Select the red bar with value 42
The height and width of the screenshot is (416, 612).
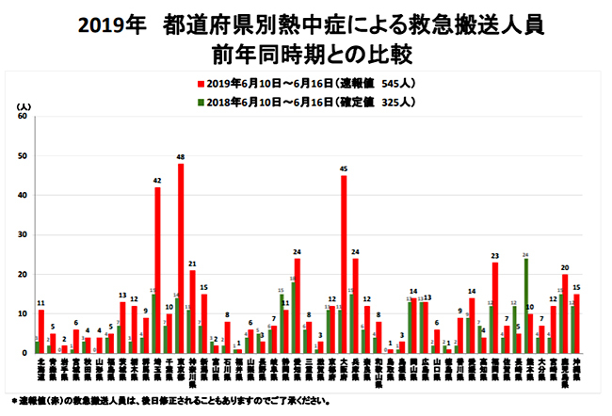pyautogui.click(x=157, y=270)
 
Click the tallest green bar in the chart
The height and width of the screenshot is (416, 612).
pyautogui.click(x=525, y=306)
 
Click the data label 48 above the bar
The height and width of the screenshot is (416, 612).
pyautogui.click(x=180, y=156)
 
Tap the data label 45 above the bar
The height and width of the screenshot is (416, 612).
pyautogui.click(x=344, y=168)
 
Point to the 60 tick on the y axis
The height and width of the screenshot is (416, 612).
pyautogui.click(x=24, y=117)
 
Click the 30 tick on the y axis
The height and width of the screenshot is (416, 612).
pyautogui.click(x=24, y=234)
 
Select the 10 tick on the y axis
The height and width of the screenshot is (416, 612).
pyautogui.click(x=24, y=313)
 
